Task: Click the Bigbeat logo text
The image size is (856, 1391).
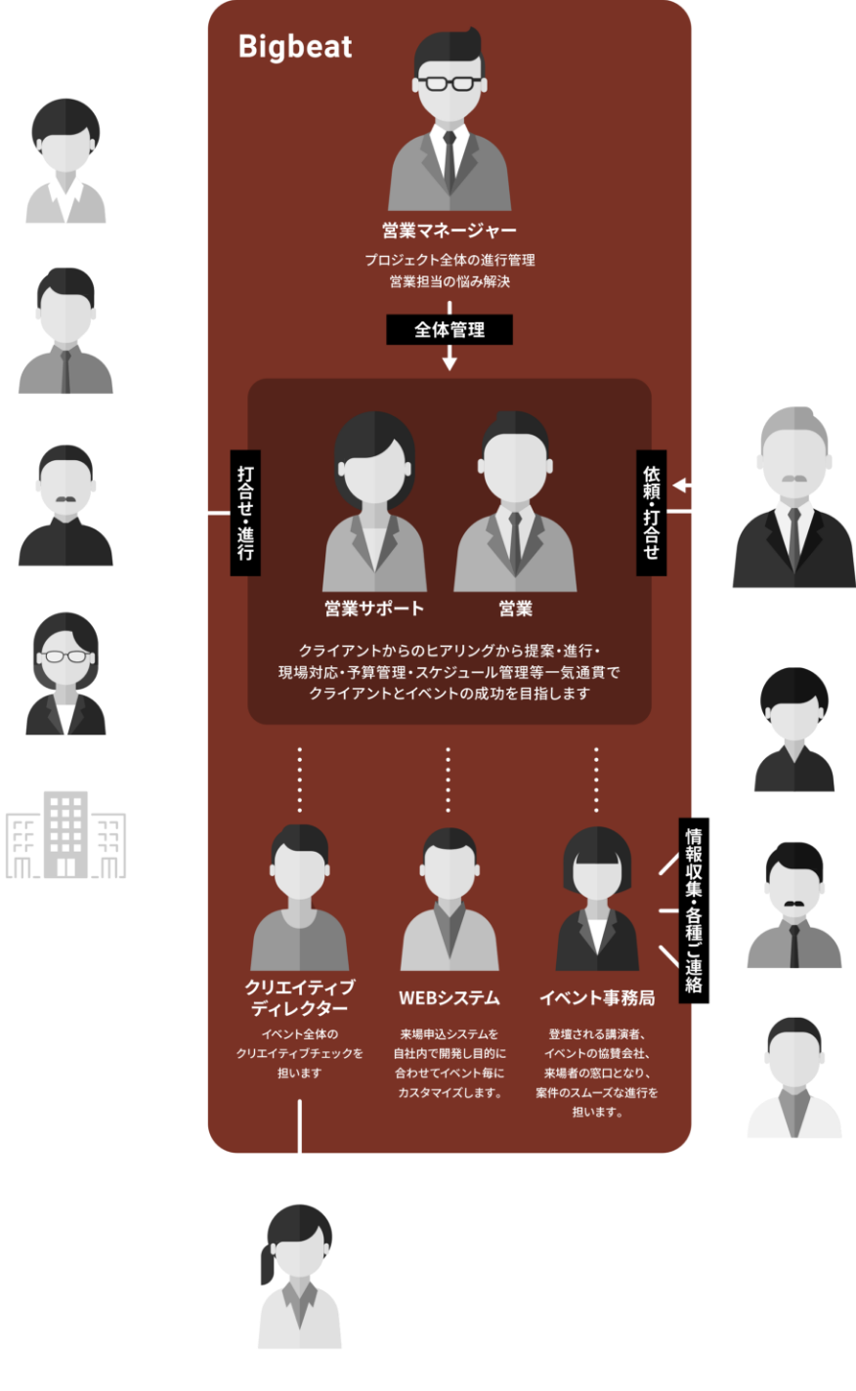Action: coord(295,46)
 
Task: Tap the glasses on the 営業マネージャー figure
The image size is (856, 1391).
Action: coord(449,82)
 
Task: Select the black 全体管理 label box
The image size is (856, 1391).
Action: coord(449,329)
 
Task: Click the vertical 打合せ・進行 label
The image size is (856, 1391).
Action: coord(245,512)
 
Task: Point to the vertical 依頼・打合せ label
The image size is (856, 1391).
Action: coord(651,512)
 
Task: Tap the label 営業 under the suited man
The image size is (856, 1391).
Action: coord(515,609)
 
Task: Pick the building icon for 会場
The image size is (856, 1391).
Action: coord(65,835)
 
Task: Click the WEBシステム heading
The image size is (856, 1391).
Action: coord(449,997)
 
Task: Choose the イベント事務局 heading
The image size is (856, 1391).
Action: coord(597,997)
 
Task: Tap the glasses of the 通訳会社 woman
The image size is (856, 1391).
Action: coord(65,655)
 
